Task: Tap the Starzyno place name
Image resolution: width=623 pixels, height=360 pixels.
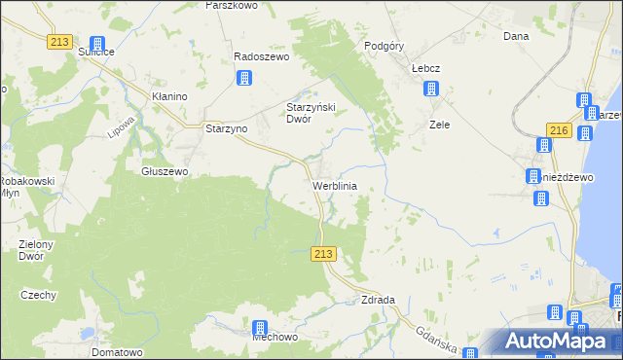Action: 227,128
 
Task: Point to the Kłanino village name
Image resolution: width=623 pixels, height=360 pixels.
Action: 169,97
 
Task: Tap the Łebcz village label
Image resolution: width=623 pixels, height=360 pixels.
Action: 426,69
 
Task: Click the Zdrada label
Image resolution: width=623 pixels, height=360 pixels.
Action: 378,300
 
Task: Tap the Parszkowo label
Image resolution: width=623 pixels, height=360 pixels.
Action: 231,6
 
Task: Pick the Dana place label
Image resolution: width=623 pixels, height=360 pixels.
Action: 515,37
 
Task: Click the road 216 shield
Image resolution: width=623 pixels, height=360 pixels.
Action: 558,131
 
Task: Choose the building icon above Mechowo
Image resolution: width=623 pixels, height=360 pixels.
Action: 260,328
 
